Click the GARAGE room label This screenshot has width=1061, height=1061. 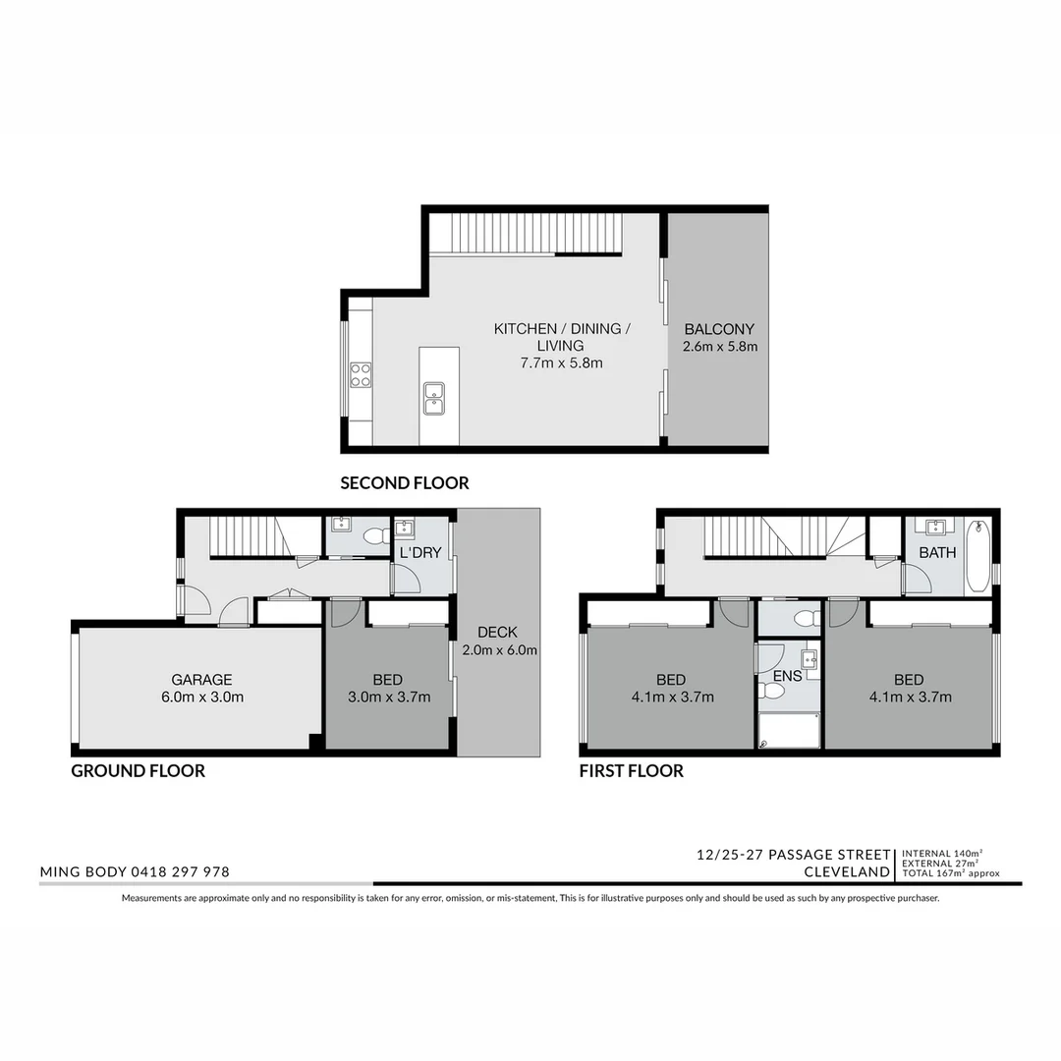tap(201, 679)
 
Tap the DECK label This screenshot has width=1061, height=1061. tap(497, 632)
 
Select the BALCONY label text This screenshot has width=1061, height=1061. tap(719, 329)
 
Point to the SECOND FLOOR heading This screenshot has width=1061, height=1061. tap(404, 482)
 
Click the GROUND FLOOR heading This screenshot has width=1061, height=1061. tap(138, 771)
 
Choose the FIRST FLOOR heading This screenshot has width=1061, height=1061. tap(631, 771)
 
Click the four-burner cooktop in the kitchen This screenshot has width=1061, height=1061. tap(361, 374)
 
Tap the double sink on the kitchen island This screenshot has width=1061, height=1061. tap(433, 397)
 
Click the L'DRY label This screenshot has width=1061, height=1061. tap(420, 553)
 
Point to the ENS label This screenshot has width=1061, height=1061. tap(788, 676)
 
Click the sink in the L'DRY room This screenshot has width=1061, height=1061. tap(404, 529)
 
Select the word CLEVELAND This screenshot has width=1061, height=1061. tap(847, 871)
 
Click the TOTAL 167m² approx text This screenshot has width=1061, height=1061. tap(951, 872)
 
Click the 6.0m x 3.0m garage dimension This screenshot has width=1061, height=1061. tap(201, 698)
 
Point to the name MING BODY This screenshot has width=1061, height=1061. tap(82, 871)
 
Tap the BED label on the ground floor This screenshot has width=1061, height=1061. tap(387, 679)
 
